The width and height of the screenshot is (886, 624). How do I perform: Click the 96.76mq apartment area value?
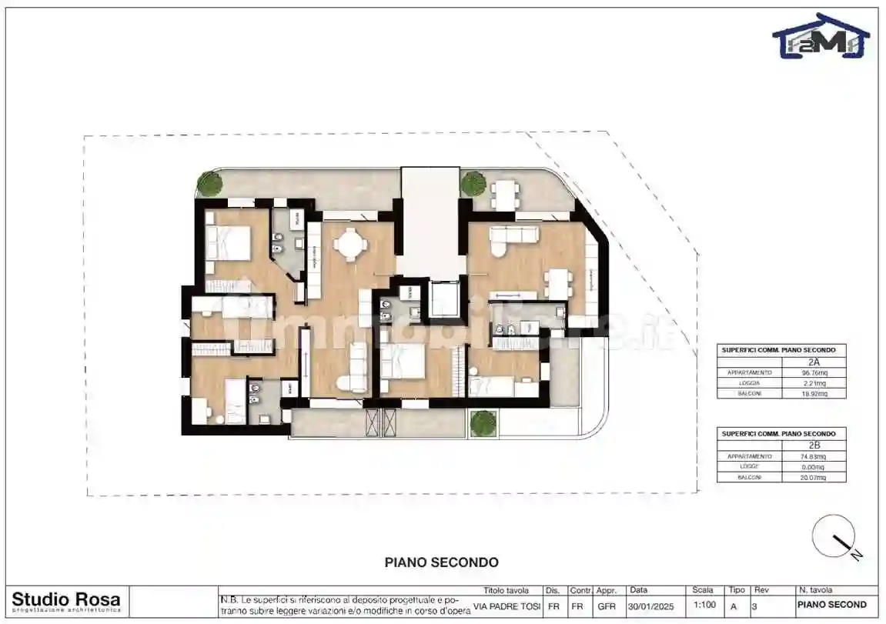(813, 372)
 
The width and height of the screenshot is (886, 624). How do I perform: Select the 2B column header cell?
(813, 445)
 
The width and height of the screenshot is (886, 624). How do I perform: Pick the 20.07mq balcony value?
(813, 477)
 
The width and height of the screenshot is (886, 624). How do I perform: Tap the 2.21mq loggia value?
(813, 383)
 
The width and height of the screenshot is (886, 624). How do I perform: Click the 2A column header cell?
(813, 361)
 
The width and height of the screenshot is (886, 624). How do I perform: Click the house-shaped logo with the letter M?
(821, 36)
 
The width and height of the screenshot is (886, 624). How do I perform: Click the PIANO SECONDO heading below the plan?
(441, 563)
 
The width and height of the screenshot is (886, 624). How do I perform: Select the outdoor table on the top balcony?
(504, 192)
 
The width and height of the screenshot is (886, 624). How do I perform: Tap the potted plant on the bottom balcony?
(483, 422)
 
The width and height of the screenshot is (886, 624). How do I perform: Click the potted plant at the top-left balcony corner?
(209, 184)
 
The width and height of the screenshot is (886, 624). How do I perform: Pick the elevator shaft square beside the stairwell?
(445, 299)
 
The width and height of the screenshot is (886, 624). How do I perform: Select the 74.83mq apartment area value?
(813, 456)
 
